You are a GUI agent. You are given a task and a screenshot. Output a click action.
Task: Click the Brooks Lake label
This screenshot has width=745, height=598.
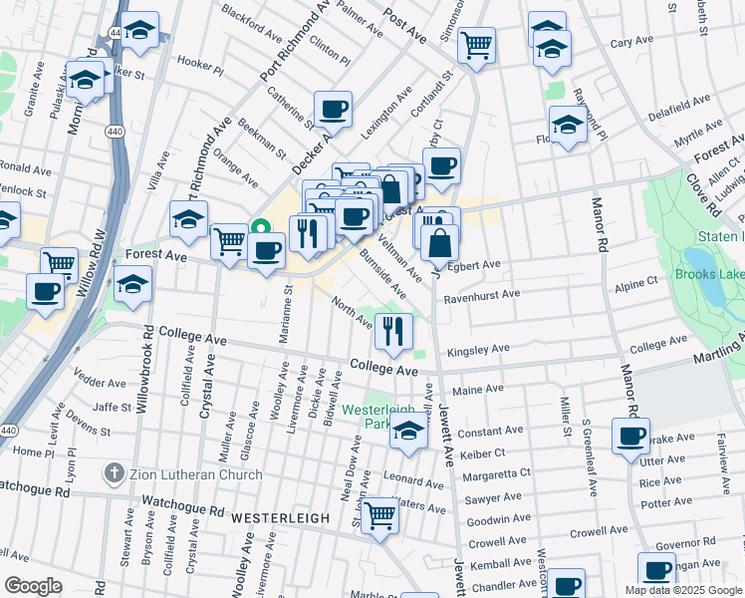[x=708, y=273]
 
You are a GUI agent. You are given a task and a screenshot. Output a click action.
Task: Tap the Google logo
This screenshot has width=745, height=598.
[x=33, y=585]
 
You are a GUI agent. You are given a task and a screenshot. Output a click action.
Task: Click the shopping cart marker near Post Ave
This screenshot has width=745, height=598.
[x=477, y=45]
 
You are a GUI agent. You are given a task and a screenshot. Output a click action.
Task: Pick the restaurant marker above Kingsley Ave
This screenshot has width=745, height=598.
[x=394, y=330]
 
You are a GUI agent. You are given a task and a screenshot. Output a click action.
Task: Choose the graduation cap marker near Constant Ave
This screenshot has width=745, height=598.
[x=407, y=433]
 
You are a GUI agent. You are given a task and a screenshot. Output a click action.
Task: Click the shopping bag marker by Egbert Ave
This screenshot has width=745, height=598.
[x=439, y=242]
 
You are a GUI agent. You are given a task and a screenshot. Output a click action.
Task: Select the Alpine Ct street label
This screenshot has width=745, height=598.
[x=635, y=283]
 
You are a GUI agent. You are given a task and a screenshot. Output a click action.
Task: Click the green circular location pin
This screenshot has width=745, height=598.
[x=264, y=225]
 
